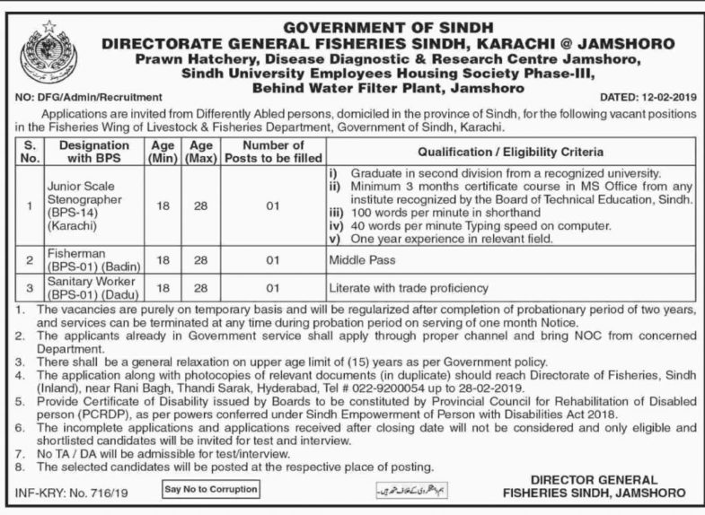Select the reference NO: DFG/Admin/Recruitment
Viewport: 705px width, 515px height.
click(x=89, y=96)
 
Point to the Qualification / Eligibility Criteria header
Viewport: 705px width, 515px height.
click(x=508, y=152)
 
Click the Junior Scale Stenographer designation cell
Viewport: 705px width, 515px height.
click(x=80, y=205)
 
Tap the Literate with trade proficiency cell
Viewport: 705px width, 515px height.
click(x=408, y=288)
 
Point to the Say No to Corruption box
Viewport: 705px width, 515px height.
click(x=211, y=489)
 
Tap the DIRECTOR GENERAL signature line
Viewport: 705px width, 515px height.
click(x=606, y=480)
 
